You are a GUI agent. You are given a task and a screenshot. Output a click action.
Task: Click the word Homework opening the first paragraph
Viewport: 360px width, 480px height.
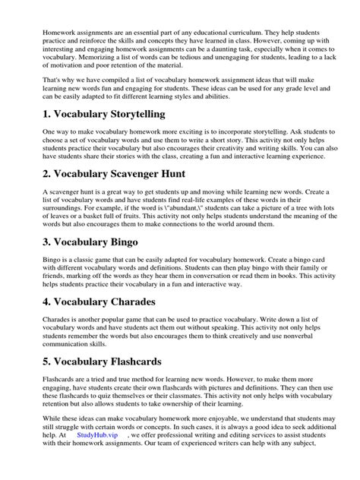point(42,33)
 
